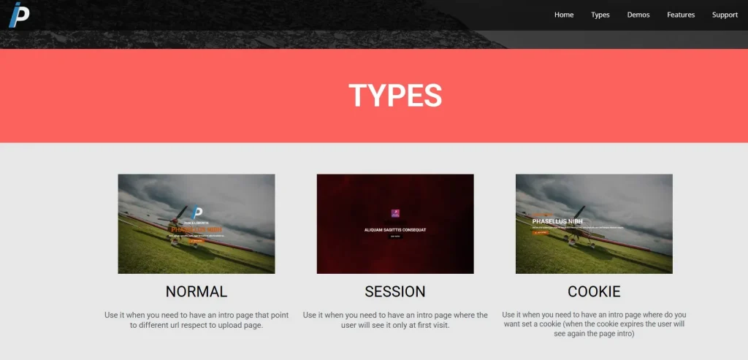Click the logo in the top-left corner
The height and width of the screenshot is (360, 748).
point(19,15)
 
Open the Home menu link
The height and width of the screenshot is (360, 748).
point(564,15)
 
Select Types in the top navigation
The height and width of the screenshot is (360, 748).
point(600,15)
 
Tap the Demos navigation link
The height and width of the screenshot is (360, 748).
point(638,15)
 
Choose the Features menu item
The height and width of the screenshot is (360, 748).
point(681,15)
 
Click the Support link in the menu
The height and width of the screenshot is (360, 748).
point(725,15)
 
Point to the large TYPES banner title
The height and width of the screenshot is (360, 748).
point(395,96)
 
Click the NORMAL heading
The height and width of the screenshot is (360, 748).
point(196,291)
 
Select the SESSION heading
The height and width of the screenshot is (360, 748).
point(395,291)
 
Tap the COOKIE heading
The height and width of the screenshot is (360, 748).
point(594,291)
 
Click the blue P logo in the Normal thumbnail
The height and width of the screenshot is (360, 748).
point(196,213)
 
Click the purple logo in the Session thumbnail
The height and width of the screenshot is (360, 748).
point(395,213)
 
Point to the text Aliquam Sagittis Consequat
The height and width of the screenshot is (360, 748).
point(395,229)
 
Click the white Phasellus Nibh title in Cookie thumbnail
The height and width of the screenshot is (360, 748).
point(557,221)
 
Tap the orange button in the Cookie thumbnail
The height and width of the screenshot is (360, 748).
point(541,233)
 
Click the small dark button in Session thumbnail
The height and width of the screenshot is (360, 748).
point(395,237)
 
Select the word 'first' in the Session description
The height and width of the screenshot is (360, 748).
point(423,326)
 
